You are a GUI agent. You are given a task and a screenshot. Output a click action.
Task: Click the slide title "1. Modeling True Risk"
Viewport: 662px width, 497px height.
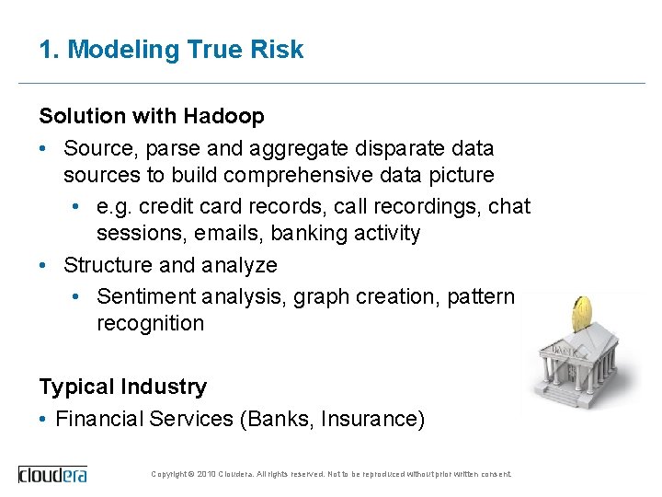(x=171, y=50)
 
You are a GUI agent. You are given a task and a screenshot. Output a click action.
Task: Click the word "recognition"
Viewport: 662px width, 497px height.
(x=150, y=323)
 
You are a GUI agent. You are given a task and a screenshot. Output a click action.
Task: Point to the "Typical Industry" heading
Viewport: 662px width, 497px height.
(x=122, y=387)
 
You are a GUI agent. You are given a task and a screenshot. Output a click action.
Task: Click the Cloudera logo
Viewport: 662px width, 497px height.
(x=53, y=474)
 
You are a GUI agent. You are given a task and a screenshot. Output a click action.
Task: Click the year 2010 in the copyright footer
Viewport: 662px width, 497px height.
(x=206, y=474)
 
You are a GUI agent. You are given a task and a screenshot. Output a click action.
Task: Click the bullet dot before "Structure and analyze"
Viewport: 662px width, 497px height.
(x=44, y=265)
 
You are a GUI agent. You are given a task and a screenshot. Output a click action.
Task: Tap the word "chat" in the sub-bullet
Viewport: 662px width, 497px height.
(x=509, y=207)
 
